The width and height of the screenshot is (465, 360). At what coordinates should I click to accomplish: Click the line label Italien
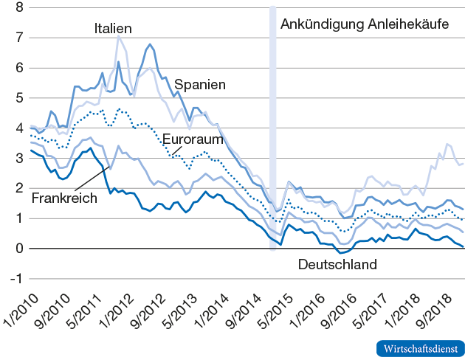click(x=113, y=29)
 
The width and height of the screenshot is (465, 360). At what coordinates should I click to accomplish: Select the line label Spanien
click(x=199, y=85)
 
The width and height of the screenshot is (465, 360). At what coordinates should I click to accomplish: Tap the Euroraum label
click(x=188, y=139)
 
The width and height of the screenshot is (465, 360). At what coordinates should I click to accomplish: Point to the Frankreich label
click(x=65, y=198)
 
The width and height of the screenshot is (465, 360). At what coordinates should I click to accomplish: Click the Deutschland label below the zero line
click(x=337, y=264)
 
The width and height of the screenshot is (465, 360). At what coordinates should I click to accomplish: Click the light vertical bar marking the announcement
click(x=272, y=111)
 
